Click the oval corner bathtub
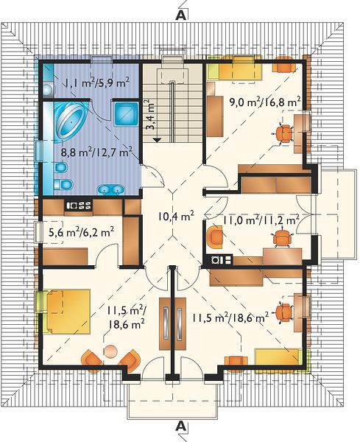(x=71, y=120)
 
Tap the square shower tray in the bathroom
(x=127, y=113)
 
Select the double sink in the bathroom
(x=110, y=189)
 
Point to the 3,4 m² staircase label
(x=151, y=114)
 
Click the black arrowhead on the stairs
(x=157, y=139)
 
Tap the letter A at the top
(x=180, y=15)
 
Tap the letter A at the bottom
(x=180, y=426)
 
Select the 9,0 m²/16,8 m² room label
(x=265, y=102)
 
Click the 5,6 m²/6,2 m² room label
(x=82, y=232)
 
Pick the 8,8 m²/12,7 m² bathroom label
(x=96, y=152)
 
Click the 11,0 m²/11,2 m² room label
(x=261, y=220)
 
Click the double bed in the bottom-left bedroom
(x=68, y=312)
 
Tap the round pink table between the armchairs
(x=110, y=352)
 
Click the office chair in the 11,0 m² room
(x=282, y=238)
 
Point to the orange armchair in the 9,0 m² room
(x=283, y=64)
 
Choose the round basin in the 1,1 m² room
(x=48, y=90)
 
